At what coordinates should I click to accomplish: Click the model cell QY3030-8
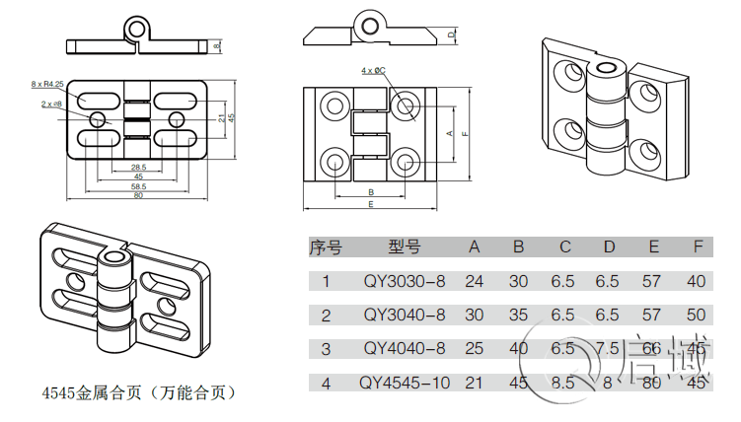[405, 281]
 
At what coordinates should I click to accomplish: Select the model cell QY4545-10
[404, 382]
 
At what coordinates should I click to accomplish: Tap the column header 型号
[404, 247]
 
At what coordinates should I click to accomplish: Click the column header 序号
[326, 247]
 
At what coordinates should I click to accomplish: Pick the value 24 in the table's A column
[475, 281]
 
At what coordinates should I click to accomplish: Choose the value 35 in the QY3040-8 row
[518, 315]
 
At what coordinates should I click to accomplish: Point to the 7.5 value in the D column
[609, 348]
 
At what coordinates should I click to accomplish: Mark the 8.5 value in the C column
[562, 382]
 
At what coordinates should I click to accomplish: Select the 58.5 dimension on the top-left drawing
[138, 186]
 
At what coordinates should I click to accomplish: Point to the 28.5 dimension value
[138, 167]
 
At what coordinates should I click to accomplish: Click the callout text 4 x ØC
[373, 71]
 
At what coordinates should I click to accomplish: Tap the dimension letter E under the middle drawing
[370, 204]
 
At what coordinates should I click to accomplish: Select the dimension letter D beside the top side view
[451, 35]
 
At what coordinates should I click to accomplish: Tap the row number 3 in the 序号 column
[326, 348]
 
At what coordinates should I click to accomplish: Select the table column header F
[698, 247]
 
